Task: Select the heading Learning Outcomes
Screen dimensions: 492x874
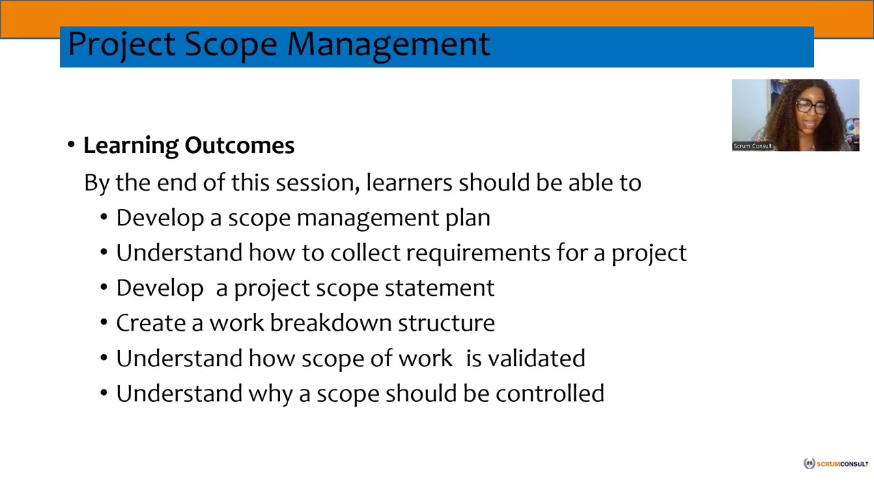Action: pos(188,146)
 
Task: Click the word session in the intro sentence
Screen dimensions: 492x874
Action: pos(317,183)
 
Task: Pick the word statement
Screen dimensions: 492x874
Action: pos(439,288)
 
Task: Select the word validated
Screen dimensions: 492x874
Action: pos(536,359)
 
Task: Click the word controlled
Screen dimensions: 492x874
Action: pos(550,394)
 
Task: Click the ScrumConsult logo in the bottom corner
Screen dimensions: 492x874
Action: pos(836,464)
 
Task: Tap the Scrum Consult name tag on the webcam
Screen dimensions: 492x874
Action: pos(752,146)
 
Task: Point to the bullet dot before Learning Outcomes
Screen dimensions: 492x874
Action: pos(71,145)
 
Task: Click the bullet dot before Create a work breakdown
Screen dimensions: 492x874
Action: pos(104,323)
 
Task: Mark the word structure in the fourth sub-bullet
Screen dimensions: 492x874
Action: pos(446,323)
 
